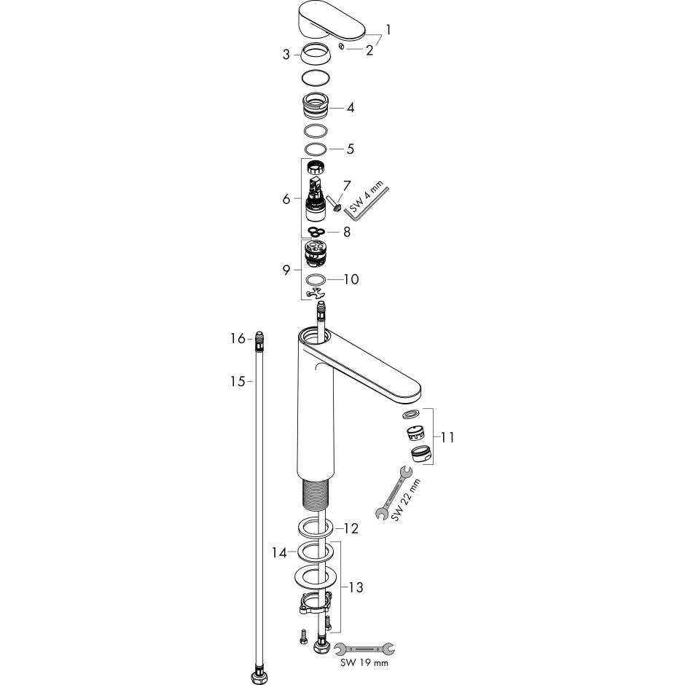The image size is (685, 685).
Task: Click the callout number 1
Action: [388, 31]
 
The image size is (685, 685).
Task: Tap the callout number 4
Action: [351, 108]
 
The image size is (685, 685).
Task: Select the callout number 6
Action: [286, 198]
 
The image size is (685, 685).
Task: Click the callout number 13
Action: [356, 587]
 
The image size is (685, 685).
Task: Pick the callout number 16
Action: [237, 339]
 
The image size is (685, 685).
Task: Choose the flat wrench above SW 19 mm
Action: [365, 646]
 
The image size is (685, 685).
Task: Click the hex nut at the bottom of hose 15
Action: [257, 678]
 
